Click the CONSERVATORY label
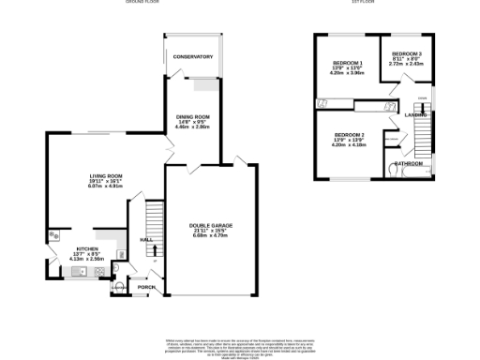192,57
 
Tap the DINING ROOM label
192,116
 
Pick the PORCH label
145,287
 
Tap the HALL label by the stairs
145,240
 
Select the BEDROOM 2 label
348,135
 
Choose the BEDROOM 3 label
407,53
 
